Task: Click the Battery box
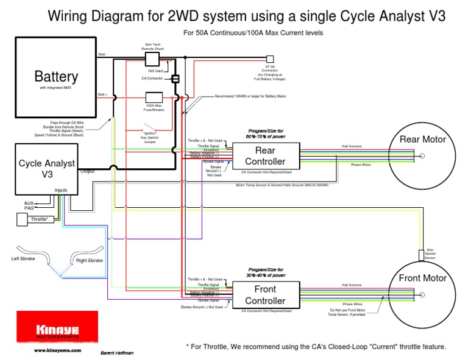[55, 77]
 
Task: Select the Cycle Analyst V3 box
[47, 168]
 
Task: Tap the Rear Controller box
[264, 157]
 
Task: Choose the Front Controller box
[264, 295]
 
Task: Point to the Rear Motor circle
[422, 156]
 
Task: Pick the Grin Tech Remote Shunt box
[152, 58]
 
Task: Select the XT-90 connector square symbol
[269, 60]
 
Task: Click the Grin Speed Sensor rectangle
[422, 254]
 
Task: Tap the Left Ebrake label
[24, 259]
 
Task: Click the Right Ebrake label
[89, 261]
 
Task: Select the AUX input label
[29, 202]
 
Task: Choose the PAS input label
[29, 208]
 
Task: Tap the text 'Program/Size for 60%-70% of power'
[266, 134]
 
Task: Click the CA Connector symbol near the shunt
[175, 79]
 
